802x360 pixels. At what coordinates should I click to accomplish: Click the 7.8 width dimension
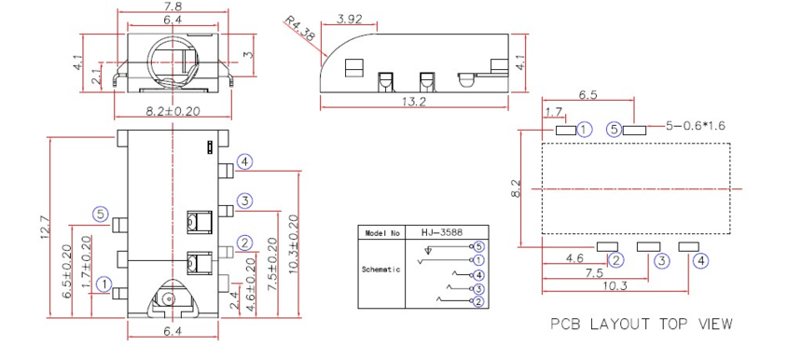click(173, 7)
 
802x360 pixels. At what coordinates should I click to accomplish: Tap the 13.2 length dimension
click(414, 102)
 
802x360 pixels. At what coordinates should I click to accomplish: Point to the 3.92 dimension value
click(350, 20)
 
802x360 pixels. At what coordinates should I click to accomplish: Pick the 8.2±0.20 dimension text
click(173, 112)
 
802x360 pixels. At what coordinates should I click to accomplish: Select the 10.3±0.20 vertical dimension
click(293, 244)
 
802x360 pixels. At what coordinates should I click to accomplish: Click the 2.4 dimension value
click(234, 300)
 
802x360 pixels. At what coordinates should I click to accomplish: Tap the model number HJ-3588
click(442, 231)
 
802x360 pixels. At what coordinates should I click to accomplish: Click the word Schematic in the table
click(381, 270)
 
